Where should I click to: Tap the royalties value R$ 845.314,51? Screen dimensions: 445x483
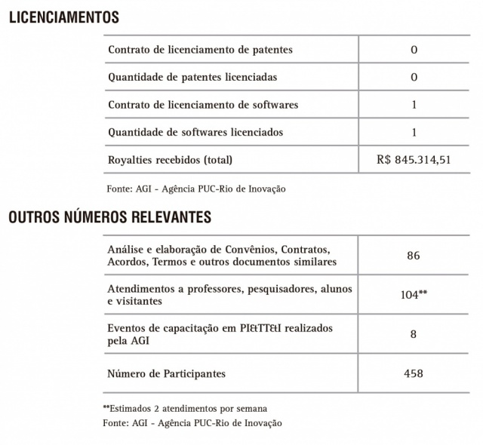pos(414,160)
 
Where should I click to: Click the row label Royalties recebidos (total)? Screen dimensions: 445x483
pos(171,160)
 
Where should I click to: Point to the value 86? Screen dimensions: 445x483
pos(413,256)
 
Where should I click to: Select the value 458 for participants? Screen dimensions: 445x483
pos(413,373)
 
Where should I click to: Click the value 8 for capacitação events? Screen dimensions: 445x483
pos(413,334)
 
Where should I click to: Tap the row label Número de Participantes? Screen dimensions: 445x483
pos(167,373)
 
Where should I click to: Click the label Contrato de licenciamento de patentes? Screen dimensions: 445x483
pos(200,50)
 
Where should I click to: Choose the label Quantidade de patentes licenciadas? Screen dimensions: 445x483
pos(192,77)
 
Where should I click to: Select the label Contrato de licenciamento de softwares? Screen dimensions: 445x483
pos(203,105)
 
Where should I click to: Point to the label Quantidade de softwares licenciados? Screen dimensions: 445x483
pos(195,132)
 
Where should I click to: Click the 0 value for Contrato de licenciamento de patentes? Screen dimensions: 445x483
pos(414,50)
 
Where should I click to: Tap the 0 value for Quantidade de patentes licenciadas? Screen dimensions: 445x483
pos(414,77)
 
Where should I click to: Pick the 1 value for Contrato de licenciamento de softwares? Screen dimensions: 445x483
pos(414,105)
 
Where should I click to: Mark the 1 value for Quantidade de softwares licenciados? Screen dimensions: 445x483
pos(414,132)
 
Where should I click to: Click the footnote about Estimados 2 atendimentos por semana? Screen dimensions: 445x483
pos(184,408)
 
